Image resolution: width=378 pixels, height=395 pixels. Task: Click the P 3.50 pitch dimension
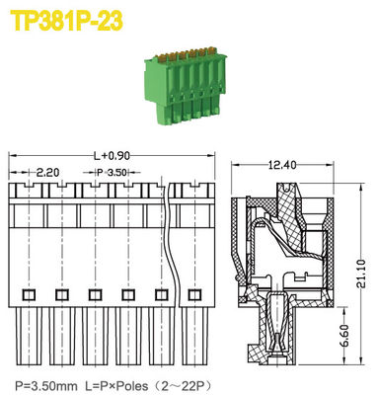[111, 173]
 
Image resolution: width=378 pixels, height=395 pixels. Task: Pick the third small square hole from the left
[95, 294]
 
